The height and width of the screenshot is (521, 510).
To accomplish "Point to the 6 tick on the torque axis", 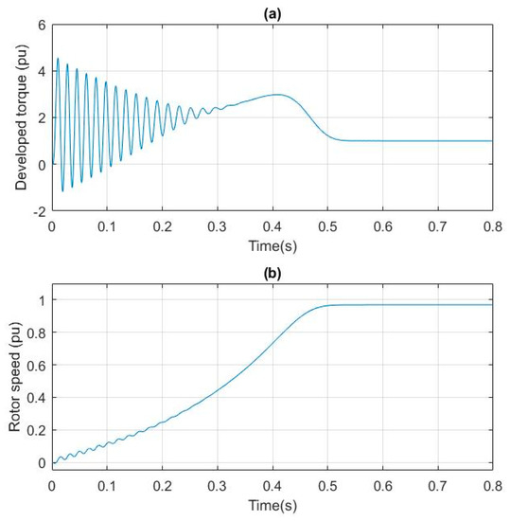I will [x=41, y=24].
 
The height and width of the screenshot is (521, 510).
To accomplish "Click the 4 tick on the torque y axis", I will [x=41, y=71].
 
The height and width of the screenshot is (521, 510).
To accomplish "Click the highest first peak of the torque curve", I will [x=57, y=59].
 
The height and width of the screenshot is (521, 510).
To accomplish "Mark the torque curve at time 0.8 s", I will [x=492, y=141].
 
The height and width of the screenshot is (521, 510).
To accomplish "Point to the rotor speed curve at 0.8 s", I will [x=492, y=304].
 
